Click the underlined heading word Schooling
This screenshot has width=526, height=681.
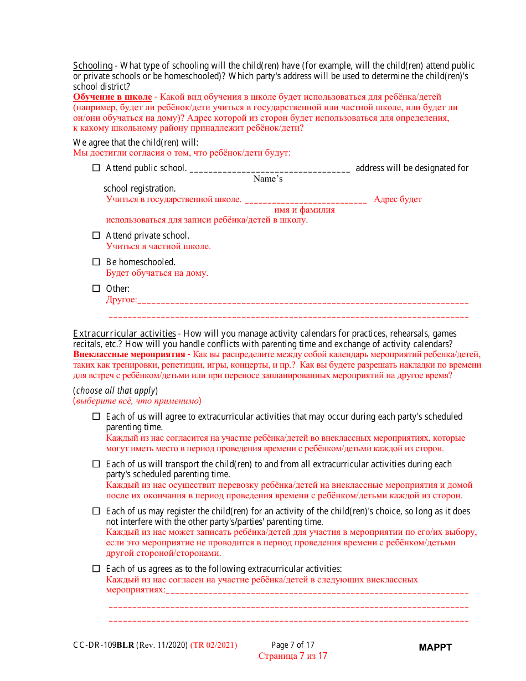tap(92, 66)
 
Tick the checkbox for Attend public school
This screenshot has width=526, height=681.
tap(96, 168)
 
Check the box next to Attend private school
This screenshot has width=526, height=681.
tap(96, 235)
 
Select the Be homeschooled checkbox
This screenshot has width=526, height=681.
tap(96, 262)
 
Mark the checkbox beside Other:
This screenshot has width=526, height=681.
tap(96, 288)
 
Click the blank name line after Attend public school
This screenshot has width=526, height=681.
tap(270, 169)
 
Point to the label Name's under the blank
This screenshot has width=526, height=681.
tap(268, 179)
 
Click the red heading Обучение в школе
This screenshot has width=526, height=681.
tap(112, 97)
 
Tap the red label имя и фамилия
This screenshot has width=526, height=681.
tap(305, 210)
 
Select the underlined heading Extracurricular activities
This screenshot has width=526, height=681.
tap(125, 333)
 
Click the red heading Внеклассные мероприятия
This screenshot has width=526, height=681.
tap(129, 354)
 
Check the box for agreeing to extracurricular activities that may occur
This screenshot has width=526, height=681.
tap(96, 416)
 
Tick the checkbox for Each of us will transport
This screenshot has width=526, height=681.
tap(96, 464)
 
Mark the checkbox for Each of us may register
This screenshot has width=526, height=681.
tap(96, 511)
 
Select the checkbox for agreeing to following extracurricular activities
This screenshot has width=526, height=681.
tap(96, 569)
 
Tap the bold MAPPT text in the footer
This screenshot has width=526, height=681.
tap(435, 647)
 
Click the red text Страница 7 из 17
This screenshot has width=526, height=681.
tap(293, 656)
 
